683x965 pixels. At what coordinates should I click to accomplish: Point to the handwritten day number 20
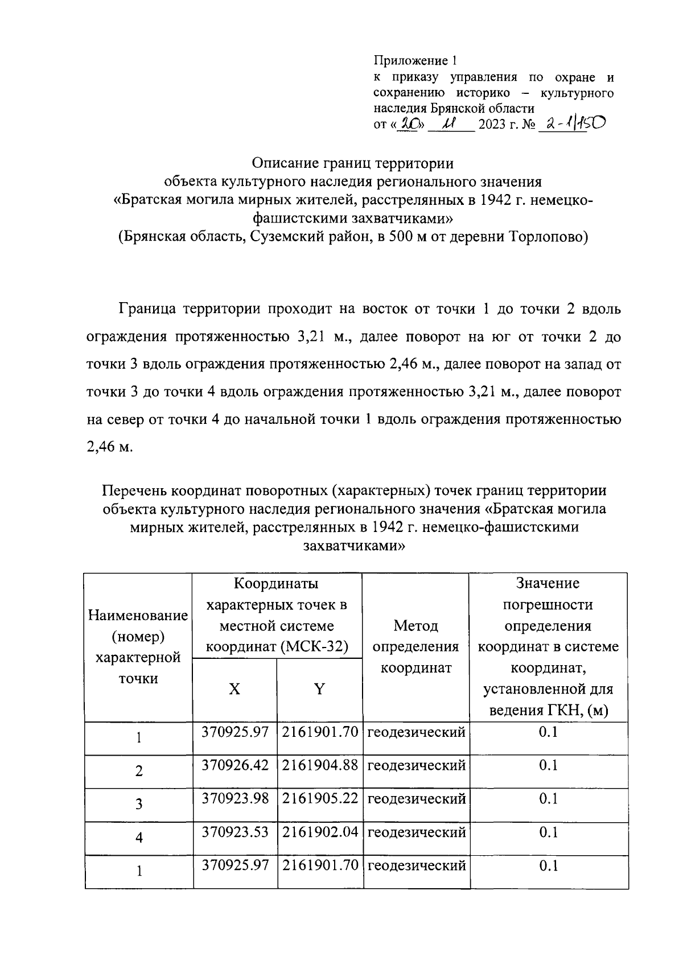pos(408,124)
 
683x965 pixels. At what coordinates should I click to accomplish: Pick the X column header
pos(234,690)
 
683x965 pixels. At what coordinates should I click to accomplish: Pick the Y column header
pos(319,690)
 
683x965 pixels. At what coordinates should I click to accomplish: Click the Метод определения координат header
pos(415,647)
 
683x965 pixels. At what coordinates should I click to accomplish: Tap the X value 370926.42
pos(235,765)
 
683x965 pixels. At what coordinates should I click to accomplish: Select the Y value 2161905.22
pos(320,799)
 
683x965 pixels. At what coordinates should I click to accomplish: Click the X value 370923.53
pos(235,832)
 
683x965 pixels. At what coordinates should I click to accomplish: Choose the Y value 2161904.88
pos(320,765)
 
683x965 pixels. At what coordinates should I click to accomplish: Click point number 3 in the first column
pos(138,805)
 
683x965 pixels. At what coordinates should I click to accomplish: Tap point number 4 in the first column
pos(138,838)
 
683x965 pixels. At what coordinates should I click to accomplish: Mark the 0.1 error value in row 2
pos(548,765)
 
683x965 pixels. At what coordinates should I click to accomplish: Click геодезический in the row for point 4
pos(416,832)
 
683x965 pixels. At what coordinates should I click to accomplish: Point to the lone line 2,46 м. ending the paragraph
pos(110,447)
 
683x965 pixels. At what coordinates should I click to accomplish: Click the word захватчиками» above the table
pos(354,546)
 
